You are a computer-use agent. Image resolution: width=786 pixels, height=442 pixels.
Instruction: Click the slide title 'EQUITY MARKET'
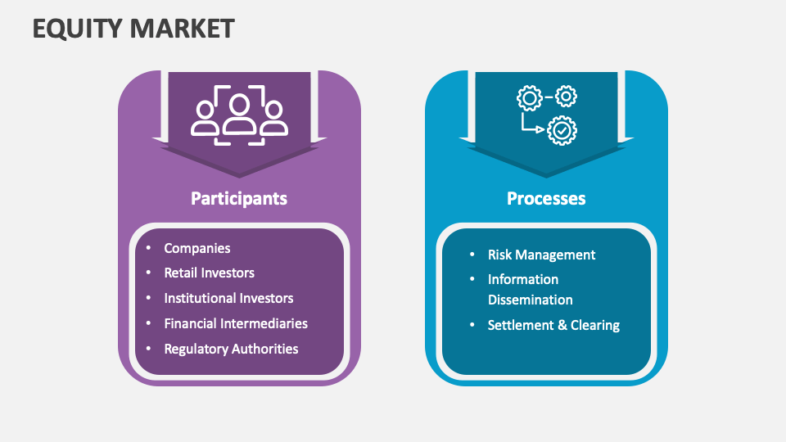(133, 29)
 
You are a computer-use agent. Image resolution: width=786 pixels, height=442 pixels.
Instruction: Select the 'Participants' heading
(239, 198)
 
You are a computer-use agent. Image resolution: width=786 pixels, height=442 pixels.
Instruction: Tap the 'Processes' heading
(546, 198)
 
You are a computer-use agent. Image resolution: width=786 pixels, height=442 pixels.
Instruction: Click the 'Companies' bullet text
(197, 248)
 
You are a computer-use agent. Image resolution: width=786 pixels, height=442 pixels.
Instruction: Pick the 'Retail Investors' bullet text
(209, 273)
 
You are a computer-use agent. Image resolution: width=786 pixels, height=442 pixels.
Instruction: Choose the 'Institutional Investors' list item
(228, 298)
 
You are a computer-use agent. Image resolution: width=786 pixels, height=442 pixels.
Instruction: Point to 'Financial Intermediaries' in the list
(236, 323)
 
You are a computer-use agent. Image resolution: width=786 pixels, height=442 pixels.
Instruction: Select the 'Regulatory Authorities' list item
(231, 349)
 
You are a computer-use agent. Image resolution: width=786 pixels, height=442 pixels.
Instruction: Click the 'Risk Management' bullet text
(541, 255)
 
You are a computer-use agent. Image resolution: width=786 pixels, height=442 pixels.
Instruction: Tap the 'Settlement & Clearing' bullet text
(553, 325)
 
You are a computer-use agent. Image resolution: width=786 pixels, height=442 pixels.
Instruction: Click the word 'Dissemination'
(530, 300)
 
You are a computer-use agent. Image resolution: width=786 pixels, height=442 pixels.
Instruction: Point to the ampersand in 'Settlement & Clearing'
(562, 325)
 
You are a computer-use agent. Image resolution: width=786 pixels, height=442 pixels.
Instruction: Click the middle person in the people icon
(239, 113)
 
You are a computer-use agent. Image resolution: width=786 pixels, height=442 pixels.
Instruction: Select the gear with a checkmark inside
(562, 129)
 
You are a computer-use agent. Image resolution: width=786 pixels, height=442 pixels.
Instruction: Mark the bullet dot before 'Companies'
(148, 248)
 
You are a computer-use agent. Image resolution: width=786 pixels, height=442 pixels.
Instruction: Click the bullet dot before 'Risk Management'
(472, 255)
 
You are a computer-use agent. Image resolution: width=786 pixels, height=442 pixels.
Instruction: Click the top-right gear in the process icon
(566, 97)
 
